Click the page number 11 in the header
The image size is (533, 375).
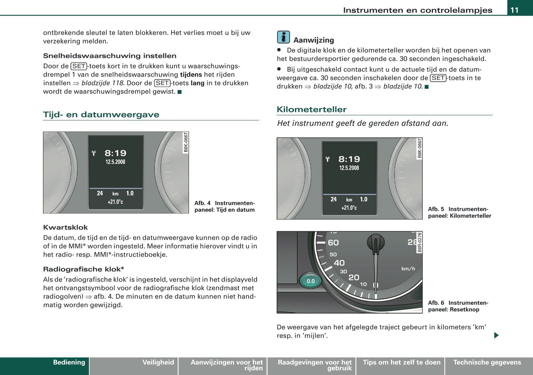point(514,10)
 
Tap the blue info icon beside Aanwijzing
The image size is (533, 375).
point(283,37)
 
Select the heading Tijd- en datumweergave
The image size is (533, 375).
point(101,115)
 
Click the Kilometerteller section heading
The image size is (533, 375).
point(311,109)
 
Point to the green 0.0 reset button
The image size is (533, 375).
point(311,281)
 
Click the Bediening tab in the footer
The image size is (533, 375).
point(69,362)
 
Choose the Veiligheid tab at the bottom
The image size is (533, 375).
point(158,362)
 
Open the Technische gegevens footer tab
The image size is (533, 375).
point(487,362)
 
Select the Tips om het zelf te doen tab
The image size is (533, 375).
point(401,362)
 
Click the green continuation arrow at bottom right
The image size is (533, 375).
point(496,335)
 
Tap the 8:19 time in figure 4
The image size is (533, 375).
point(115,153)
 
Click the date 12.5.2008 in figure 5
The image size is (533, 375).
point(349,168)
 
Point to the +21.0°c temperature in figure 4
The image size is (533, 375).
point(115,202)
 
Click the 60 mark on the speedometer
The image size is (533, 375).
point(333,243)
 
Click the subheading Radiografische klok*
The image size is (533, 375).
point(83,269)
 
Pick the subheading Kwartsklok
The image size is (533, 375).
point(65,228)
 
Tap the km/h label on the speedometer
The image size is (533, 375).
point(408,269)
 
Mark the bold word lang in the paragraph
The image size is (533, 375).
point(197,83)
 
